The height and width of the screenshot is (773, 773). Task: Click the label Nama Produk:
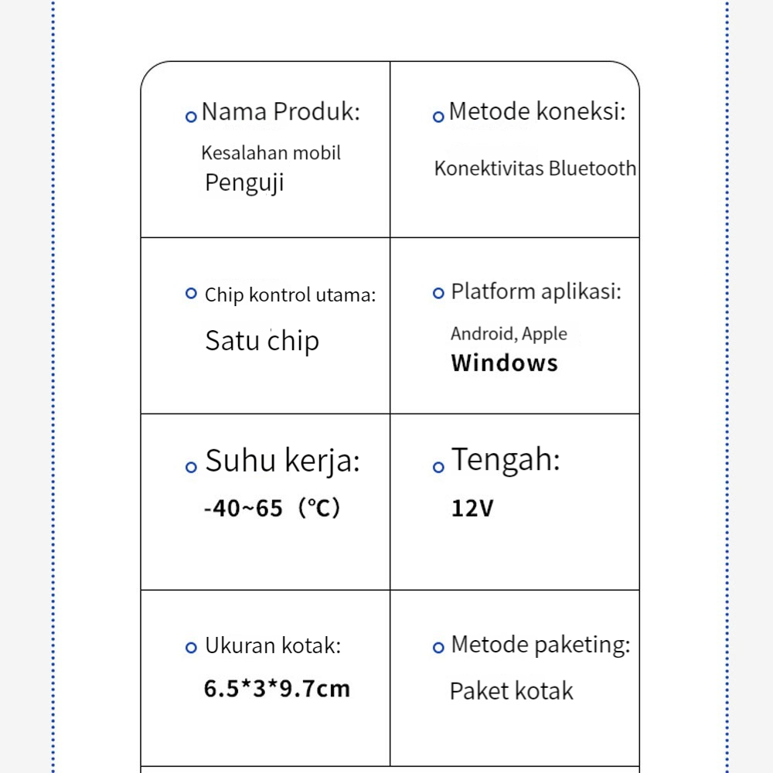click(281, 112)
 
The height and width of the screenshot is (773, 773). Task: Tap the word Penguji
click(244, 183)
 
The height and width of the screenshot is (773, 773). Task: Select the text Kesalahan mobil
click(271, 153)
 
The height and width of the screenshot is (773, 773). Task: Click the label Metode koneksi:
click(536, 112)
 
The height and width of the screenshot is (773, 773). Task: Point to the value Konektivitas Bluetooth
click(535, 169)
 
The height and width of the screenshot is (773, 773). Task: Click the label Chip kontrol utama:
click(290, 295)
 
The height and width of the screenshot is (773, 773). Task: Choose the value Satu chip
click(262, 341)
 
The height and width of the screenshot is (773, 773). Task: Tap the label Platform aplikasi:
click(536, 292)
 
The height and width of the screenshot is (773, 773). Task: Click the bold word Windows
click(504, 363)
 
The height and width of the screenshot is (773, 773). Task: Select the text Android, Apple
click(509, 334)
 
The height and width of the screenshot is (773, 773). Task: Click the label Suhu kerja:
click(282, 461)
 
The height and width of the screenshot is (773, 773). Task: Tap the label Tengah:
click(506, 460)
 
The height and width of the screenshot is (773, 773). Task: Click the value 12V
click(472, 509)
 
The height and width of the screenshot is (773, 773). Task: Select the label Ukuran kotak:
click(272, 646)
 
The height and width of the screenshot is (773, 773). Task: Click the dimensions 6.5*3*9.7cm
click(277, 689)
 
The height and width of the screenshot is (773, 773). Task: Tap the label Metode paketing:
click(540, 645)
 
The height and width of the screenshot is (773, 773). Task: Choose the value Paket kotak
click(511, 691)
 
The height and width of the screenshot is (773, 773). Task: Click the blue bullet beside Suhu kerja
click(191, 467)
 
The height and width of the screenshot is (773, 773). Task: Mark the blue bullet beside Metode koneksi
click(438, 117)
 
